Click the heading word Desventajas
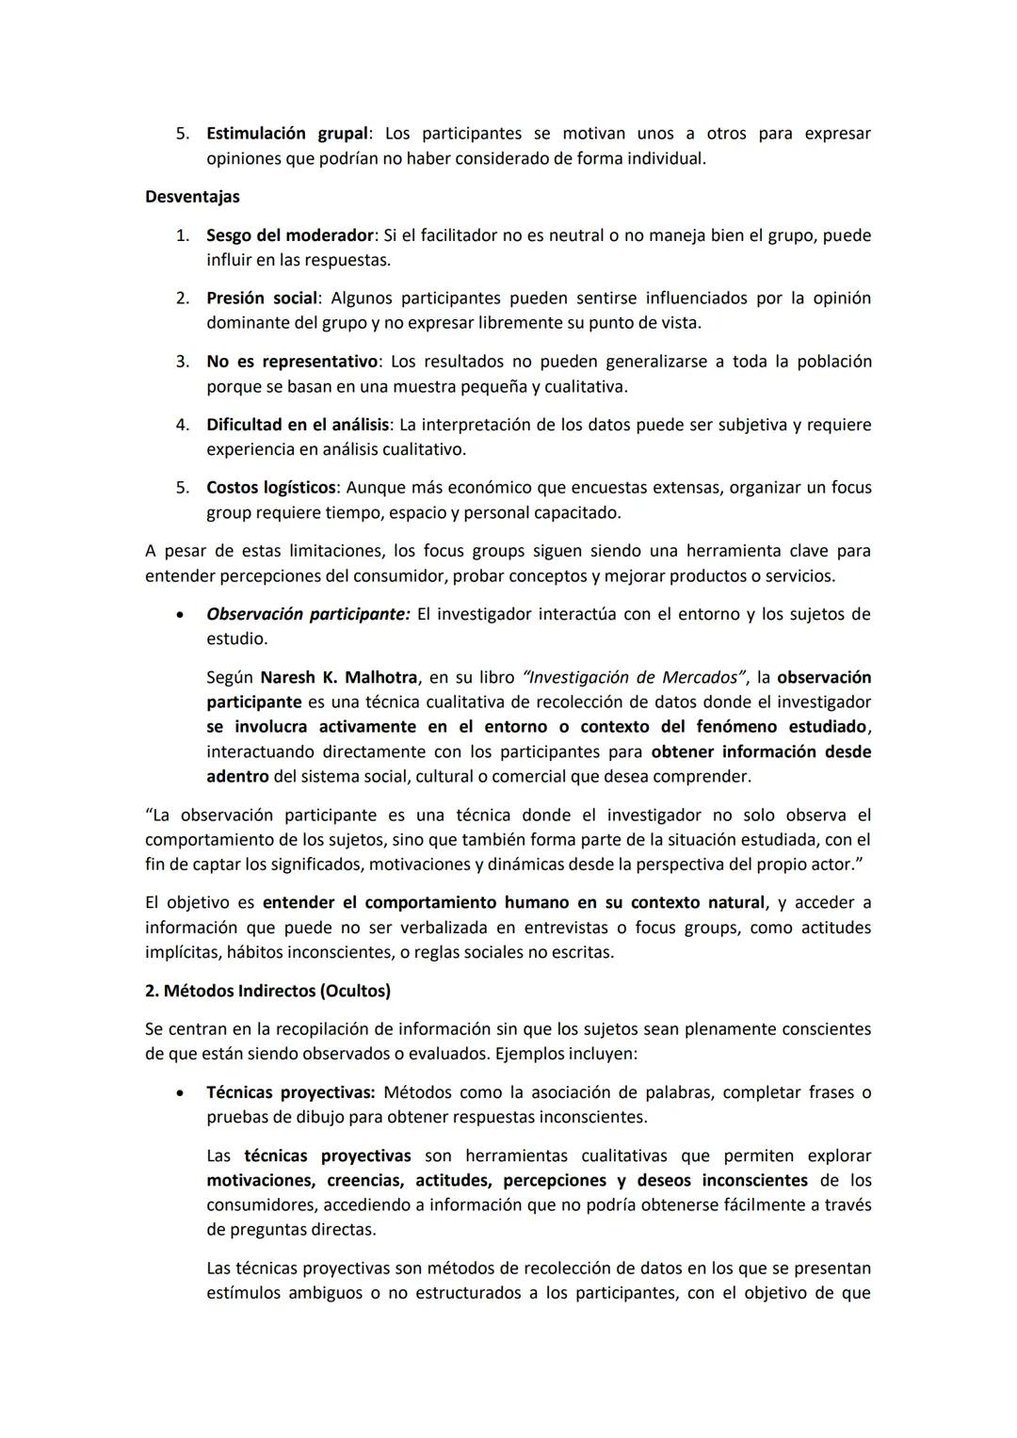(x=192, y=197)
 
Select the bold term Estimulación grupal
(x=286, y=134)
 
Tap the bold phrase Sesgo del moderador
(x=290, y=235)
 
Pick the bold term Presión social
(x=262, y=299)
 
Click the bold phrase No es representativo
(x=291, y=362)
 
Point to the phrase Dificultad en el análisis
(x=297, y=425)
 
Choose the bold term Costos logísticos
(x=271, y=488)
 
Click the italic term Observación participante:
(x=308, y=614)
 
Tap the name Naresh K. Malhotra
(x=339, y=677)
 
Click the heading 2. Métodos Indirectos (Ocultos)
(x=267, y=991)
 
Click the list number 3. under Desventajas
(x=183, y=362)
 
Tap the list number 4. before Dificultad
(x=183, y=425)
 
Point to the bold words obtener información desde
(x=761, y=751)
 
